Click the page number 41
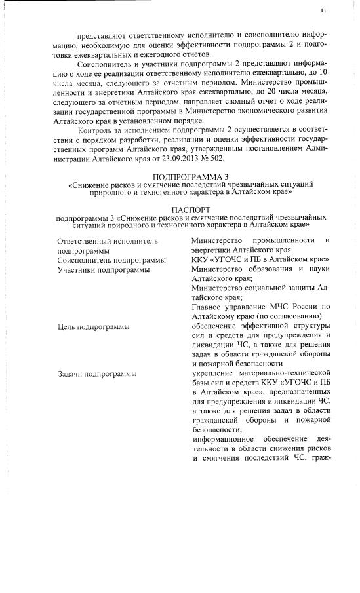click(323, 11)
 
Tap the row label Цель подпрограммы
click(93, 326)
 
